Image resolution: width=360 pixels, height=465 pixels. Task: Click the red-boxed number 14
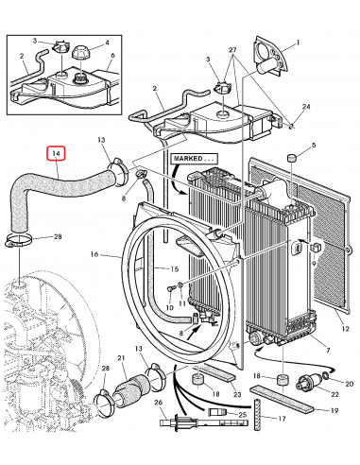[57, 153]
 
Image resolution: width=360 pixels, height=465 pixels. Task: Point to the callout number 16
[95, 255]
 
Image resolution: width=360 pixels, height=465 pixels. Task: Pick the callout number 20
[348, 386]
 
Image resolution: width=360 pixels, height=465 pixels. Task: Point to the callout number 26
[160, 403]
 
